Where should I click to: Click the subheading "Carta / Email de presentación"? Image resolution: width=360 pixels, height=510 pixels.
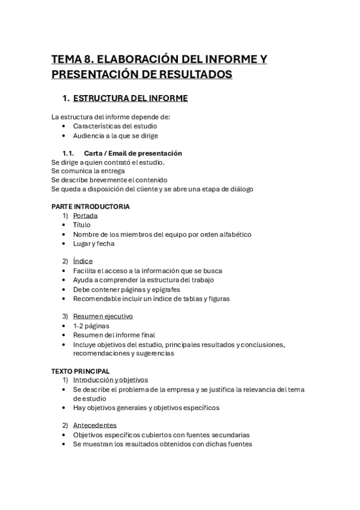pyautogui.click(x=133, y=153)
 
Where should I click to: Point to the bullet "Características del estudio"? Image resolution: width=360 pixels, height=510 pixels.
pyautogui.click(x=115, y=126)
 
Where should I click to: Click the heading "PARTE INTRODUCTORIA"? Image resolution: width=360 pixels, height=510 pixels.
pyautogui.click(x=91, y=206)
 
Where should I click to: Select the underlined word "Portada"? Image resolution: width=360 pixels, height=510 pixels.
pyautogui.click(x=85, y=215)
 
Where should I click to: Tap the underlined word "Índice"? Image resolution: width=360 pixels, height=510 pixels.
pyautogui.click(x=83, y=262)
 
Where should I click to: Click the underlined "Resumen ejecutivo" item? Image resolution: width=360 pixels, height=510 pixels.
pyautogui.click(x=103, y=316)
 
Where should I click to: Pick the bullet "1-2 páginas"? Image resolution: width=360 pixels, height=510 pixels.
pyautogui.click(x=91, y=325)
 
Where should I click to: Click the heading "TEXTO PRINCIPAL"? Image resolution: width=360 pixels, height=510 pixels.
pyautogui.click(x=81, y=371)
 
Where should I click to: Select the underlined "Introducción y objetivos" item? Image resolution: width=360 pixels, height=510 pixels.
pyautogui.click(x=110, y=380)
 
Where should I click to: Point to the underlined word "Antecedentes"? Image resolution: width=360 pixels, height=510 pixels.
pyautogui.click(x=95, y=425)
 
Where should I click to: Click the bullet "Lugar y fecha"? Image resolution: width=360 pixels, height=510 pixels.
pyautogui.click(x=94, y=244)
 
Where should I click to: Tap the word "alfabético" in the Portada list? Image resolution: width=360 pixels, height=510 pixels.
pyautogui.click(x=234, y=234)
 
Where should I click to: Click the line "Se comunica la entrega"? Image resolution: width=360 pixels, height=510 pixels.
pyautogui.click(x=88, y=171)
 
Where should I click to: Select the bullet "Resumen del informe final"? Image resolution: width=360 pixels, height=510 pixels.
pyautogui.click(x=114, y=335)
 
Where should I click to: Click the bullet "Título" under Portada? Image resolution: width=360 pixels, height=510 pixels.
pyautogui.click(x=82, y=225)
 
